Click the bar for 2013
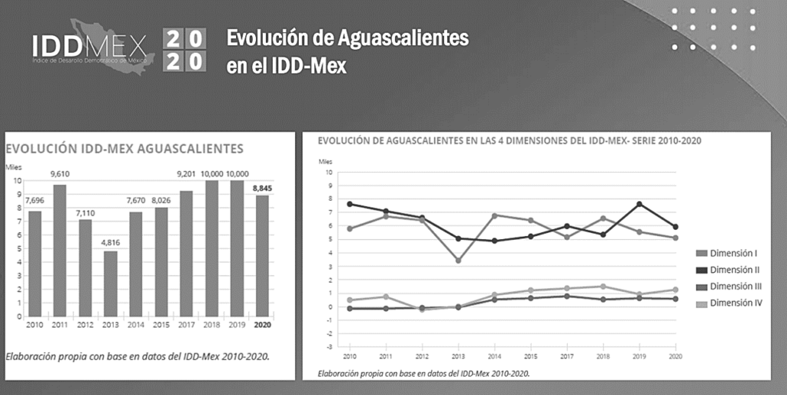tap(110, 284)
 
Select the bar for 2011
tap(59, 251)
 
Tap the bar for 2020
tap(262, 255)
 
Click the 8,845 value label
tap(262, 187)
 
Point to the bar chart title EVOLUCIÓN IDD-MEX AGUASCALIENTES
tap(125, 149)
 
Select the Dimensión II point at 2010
tap(350, 204)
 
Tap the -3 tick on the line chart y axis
tap(329, 347)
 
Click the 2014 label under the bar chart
tap(135, 324)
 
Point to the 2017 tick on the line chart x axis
tap(566, 356)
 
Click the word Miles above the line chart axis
tap(326, 161)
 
